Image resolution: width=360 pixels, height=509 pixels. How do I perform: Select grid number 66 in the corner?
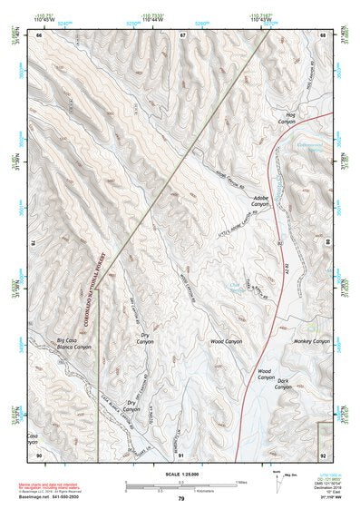pos(38,34)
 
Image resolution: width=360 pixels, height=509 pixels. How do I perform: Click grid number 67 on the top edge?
pos(182,34)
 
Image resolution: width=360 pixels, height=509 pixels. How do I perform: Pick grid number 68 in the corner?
pos(322,34)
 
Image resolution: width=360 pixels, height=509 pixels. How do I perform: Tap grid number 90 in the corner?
pos(38,454)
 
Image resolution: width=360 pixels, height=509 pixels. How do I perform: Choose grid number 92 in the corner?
pos(322,454)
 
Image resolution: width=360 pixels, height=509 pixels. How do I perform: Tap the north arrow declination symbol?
pos(265,477)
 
